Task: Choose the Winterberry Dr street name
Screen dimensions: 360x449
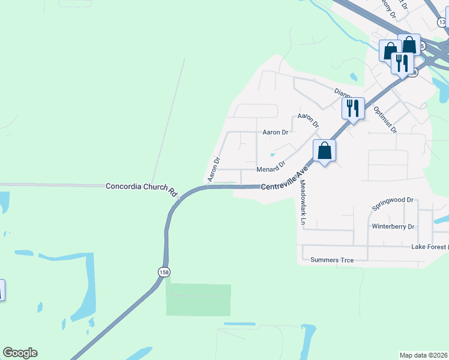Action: [393, 226]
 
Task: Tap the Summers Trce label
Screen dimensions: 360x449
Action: [332, 260]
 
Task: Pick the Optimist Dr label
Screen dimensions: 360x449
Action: [385, 119]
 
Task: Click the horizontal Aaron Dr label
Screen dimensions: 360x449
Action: [276, 131]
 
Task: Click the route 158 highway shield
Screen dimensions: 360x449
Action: [164, 272]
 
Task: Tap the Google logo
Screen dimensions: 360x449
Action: [20, 353]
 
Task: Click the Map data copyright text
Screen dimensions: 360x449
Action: [424, 355]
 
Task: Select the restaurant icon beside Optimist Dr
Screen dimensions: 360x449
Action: [353, 109]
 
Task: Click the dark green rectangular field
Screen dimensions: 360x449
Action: [198, 300]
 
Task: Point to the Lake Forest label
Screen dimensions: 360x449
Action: [430, 247]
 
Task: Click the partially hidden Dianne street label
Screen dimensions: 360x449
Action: [341, 92]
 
